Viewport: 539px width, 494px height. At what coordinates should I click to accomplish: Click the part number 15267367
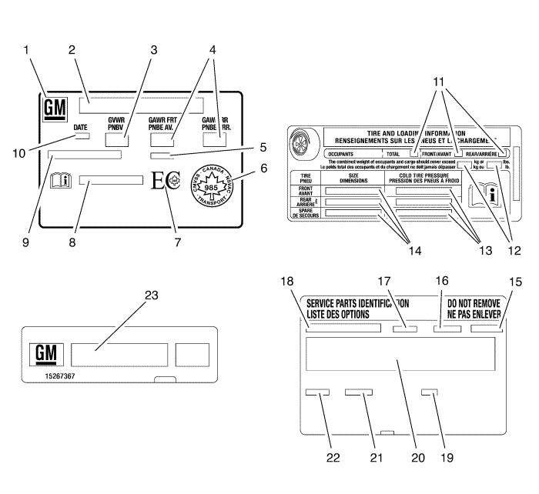point(54,379)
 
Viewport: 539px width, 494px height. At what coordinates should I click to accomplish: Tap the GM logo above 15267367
point(48,354)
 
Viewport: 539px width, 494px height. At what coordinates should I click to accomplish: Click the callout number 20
point(417,457)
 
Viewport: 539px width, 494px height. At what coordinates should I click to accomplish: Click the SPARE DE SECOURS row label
point(305,212)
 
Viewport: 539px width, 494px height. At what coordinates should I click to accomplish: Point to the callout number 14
point(408,249)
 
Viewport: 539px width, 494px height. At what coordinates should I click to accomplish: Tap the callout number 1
point(28,50)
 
